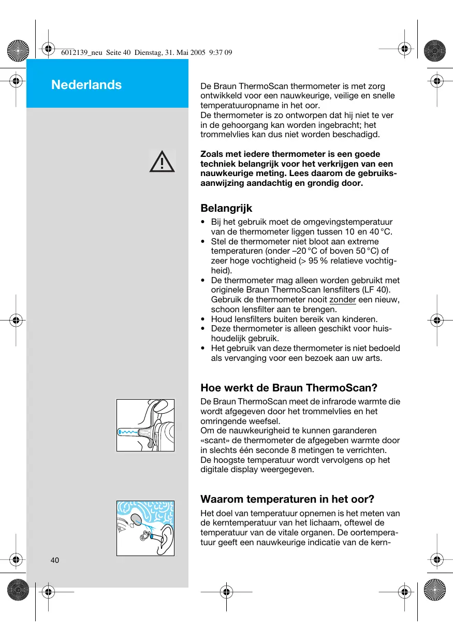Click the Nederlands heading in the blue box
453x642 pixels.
(x=86, y=85)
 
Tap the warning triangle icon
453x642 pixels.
(x=162, y=162)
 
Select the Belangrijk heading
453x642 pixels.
(x=226, y=208)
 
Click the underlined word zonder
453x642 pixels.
(x=342, y=300)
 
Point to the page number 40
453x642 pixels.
(x=55, y=560)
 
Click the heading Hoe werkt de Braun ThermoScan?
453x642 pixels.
(x=289, y=388)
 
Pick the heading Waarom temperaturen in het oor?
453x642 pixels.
(x=287, y=499)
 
